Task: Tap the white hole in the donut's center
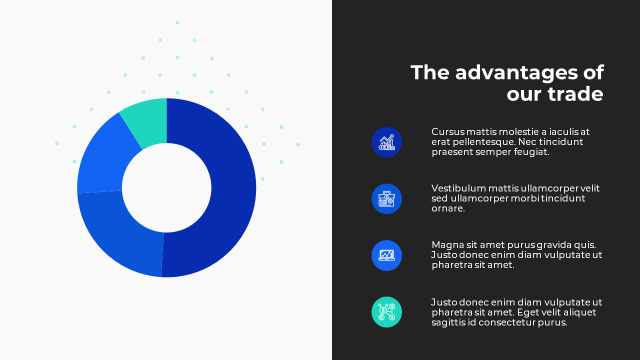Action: [x=166, y=187]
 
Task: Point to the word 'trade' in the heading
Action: [x=575, y=94]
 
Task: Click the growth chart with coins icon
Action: [x=386, y=142]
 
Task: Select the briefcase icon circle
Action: [x=386, y=198]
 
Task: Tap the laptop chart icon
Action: [x=386, y=255]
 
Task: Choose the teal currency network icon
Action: [x=386, y=312]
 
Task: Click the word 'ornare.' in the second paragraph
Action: [x=448, y=208]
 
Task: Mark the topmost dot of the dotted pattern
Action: [x=177, y=22]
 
